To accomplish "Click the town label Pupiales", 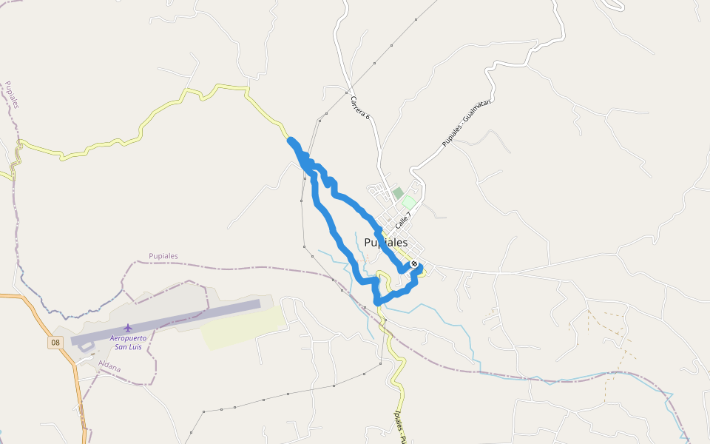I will click(385, 243).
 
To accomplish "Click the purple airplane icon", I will click(129, 327).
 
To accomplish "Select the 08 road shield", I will click(55, 343).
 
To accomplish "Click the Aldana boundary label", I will click(109, 366).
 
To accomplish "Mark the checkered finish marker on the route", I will click(414, 264).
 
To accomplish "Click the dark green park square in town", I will click(398, 193).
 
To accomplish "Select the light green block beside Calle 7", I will click(408, 202).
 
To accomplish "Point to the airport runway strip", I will click(166, 322).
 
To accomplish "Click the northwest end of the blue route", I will click(291, 141).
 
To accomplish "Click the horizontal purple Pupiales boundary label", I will click(163, 256).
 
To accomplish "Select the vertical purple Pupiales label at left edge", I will click(11, 95).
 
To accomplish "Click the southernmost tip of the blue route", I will click(377, 302).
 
